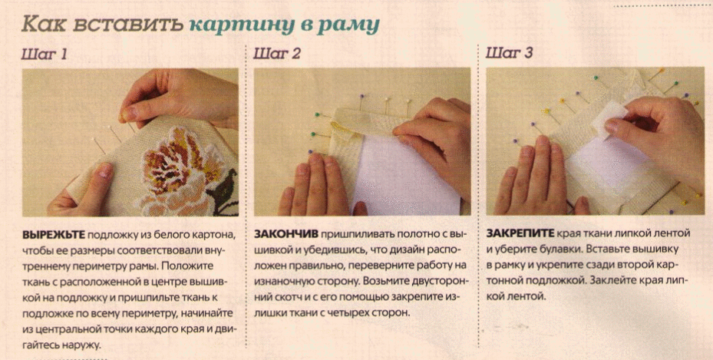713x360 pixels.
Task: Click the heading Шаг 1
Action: point(44,54)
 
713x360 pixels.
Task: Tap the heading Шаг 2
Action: point(277,54)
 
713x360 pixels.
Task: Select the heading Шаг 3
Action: point(510,53)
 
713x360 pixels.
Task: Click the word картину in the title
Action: point(248,25)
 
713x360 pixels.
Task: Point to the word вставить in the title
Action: point(127,24)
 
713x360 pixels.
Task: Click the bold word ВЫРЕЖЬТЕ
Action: point(53,235)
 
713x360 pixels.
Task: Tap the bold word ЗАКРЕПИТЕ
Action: point(520,233)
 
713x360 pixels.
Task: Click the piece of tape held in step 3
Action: point(609,118)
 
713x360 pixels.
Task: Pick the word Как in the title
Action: point(44,24)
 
